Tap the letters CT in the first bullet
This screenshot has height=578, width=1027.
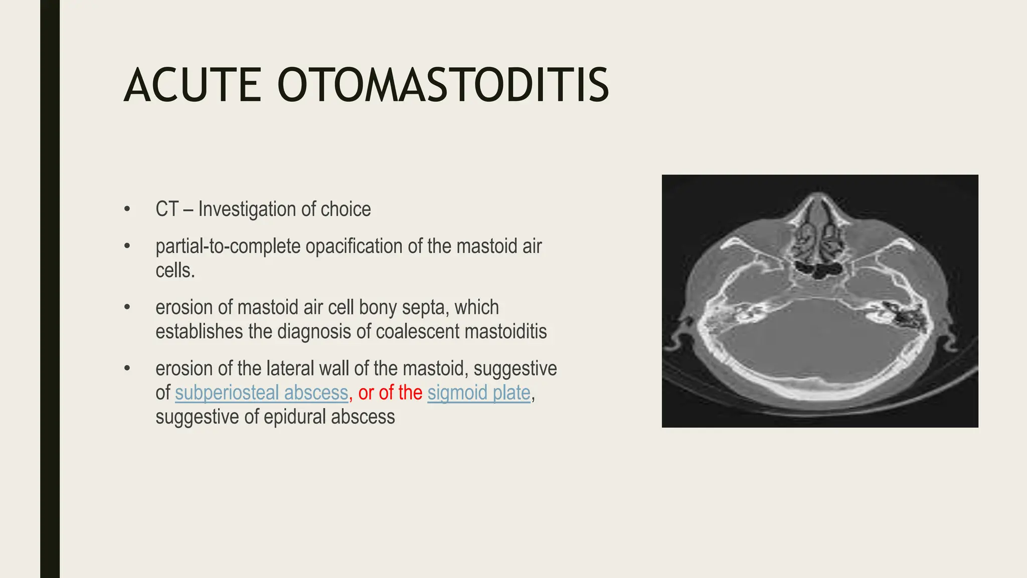click(167, 209)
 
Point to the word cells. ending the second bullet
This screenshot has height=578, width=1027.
click(175, 270)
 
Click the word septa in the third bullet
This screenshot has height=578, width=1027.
click(423, 307)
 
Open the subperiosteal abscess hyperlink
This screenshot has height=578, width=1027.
click(261, 393)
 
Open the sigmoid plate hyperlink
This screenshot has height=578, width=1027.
click(479, 393)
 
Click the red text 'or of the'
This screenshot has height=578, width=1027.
click(390, 393)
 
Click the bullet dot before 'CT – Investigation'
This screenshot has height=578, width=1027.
click(127, 209)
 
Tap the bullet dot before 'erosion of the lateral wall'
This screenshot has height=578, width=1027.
click(127, 369)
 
